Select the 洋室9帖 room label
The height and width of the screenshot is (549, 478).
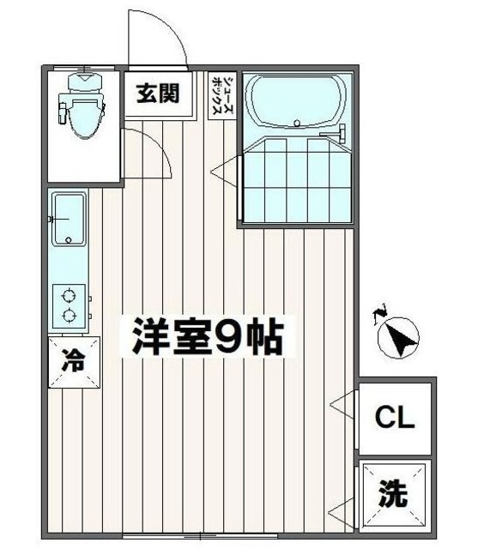pyautogui.click(x=207, y=337)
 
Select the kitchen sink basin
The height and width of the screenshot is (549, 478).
pyautogui.click(x=69, y=219)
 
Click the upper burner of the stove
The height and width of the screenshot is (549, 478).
pyautogui.click(x=70, y=297)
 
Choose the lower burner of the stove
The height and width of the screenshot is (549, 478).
pyautogui.click(x=70, y=317)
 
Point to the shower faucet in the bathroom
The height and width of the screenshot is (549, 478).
pyautogui.click(x=335, y=134)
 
